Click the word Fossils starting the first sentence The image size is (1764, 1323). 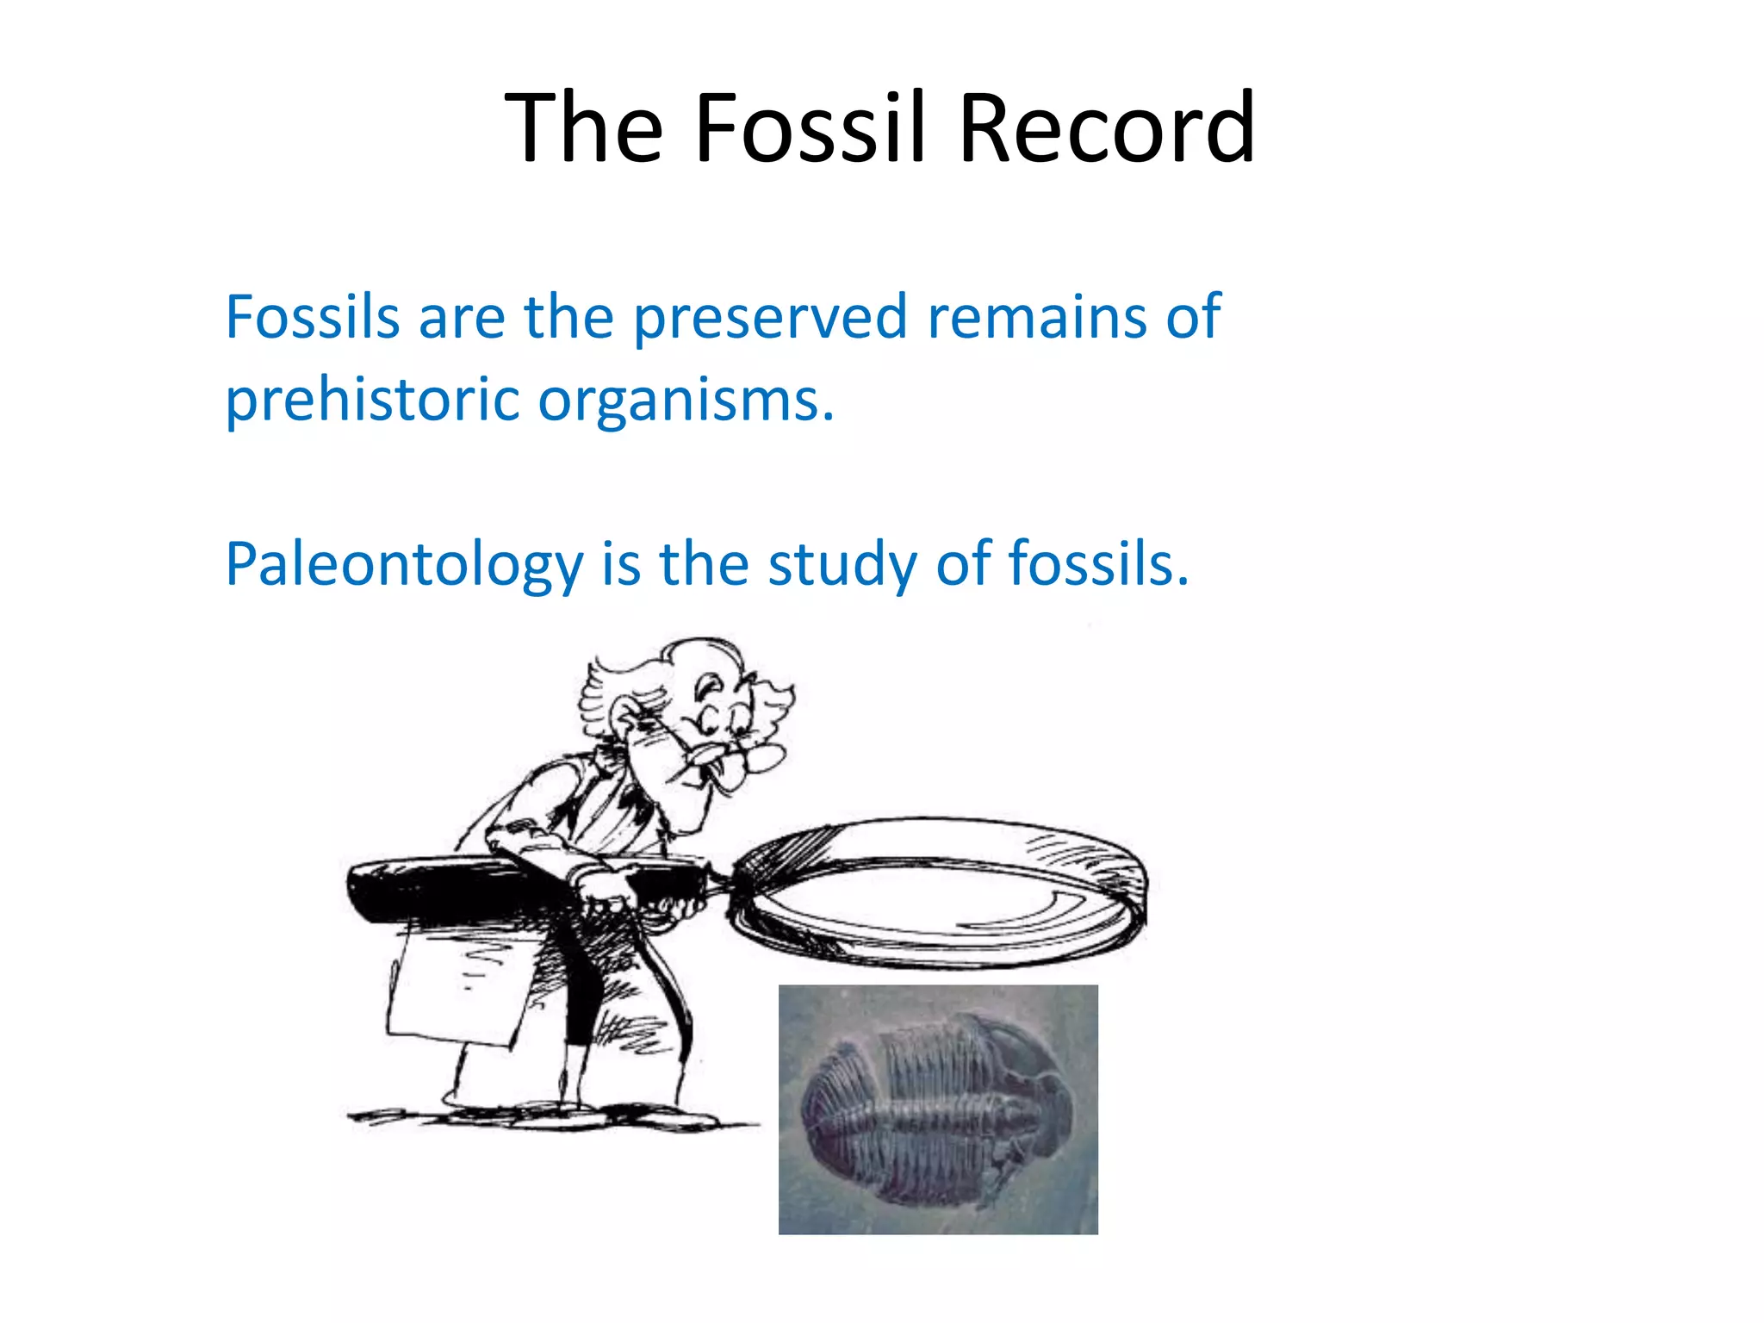tap(312, 317)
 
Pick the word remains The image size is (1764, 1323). tap(1037, 317)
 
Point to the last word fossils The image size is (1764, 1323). tap(1098, 564)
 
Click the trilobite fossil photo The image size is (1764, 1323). tap(938, 1109)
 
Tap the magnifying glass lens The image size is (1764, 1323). tap(939, 896)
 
